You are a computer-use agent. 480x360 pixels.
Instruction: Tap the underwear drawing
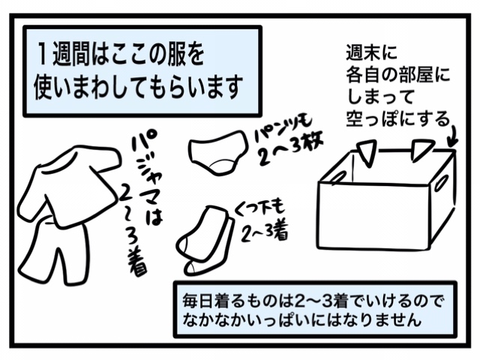click(217, 151)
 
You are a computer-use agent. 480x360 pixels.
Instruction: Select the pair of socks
click(205, 240)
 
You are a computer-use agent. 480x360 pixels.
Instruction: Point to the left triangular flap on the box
click(367, 151)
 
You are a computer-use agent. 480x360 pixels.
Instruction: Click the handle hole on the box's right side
click(441, 183)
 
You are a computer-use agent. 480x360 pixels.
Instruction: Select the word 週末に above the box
click(371, 52)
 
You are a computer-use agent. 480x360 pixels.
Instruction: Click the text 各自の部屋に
click(397, 75)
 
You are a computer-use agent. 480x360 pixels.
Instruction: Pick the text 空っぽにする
click(397, 119)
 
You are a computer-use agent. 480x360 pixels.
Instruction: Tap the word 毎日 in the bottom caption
click(196, 301)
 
